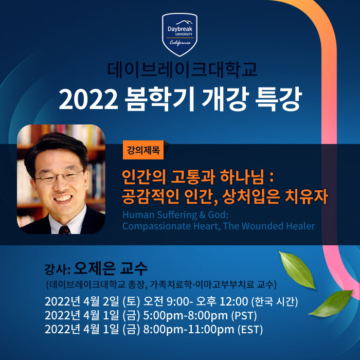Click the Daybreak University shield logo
pyautogui.click(x=179, y=34)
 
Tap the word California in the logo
pyautogui.click(x=180, y=43)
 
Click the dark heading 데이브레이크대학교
pyautogui.click(x=182, y=69)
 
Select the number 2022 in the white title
pyautogui.click(x=88, y=99)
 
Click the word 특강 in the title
pyautogui.click(x=278, y=99)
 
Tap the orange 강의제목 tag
pyautogui.click(x=143, y=150)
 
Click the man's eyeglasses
pyautogui.click(x=59, y=176)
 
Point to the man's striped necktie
pyautogui.click(x=64, y=229)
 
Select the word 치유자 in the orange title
pyautogui.click(x=307, y=197)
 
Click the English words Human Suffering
pyautogui.click(x=159, y=215)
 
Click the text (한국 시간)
pyautogui.click(x=275, y=302)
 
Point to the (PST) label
pyautogui.click(x=244, y=316)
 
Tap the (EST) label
pyautogui.click(x=250, y=330)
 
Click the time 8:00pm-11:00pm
pyautogui.click(x=189, y=330)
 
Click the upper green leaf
pyautogui.click(x=297, y=270)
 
